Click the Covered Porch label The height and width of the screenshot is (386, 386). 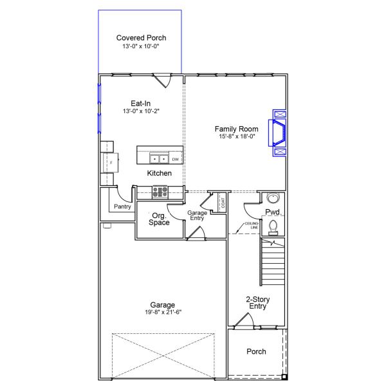pos(141,38)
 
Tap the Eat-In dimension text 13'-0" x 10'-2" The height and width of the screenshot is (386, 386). pos(141,111)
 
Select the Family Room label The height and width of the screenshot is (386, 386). pos(236,129)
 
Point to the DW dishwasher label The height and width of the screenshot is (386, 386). pos(175,158)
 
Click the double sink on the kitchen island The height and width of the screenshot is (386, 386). pos(158,158)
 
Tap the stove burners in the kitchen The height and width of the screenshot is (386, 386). pos(160,191)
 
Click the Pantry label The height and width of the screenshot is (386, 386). pos(122,207)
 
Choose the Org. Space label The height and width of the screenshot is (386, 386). pos(159,219)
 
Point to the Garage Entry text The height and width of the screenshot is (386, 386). pos(197,216)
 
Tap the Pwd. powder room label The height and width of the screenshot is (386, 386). pos(273,212)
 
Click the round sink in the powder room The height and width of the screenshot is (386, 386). pos(273,198)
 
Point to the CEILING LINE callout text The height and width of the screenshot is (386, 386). pos(251,226)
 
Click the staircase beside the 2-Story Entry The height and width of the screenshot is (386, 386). pos(273,264)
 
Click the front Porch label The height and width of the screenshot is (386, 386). pos(256,351)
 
